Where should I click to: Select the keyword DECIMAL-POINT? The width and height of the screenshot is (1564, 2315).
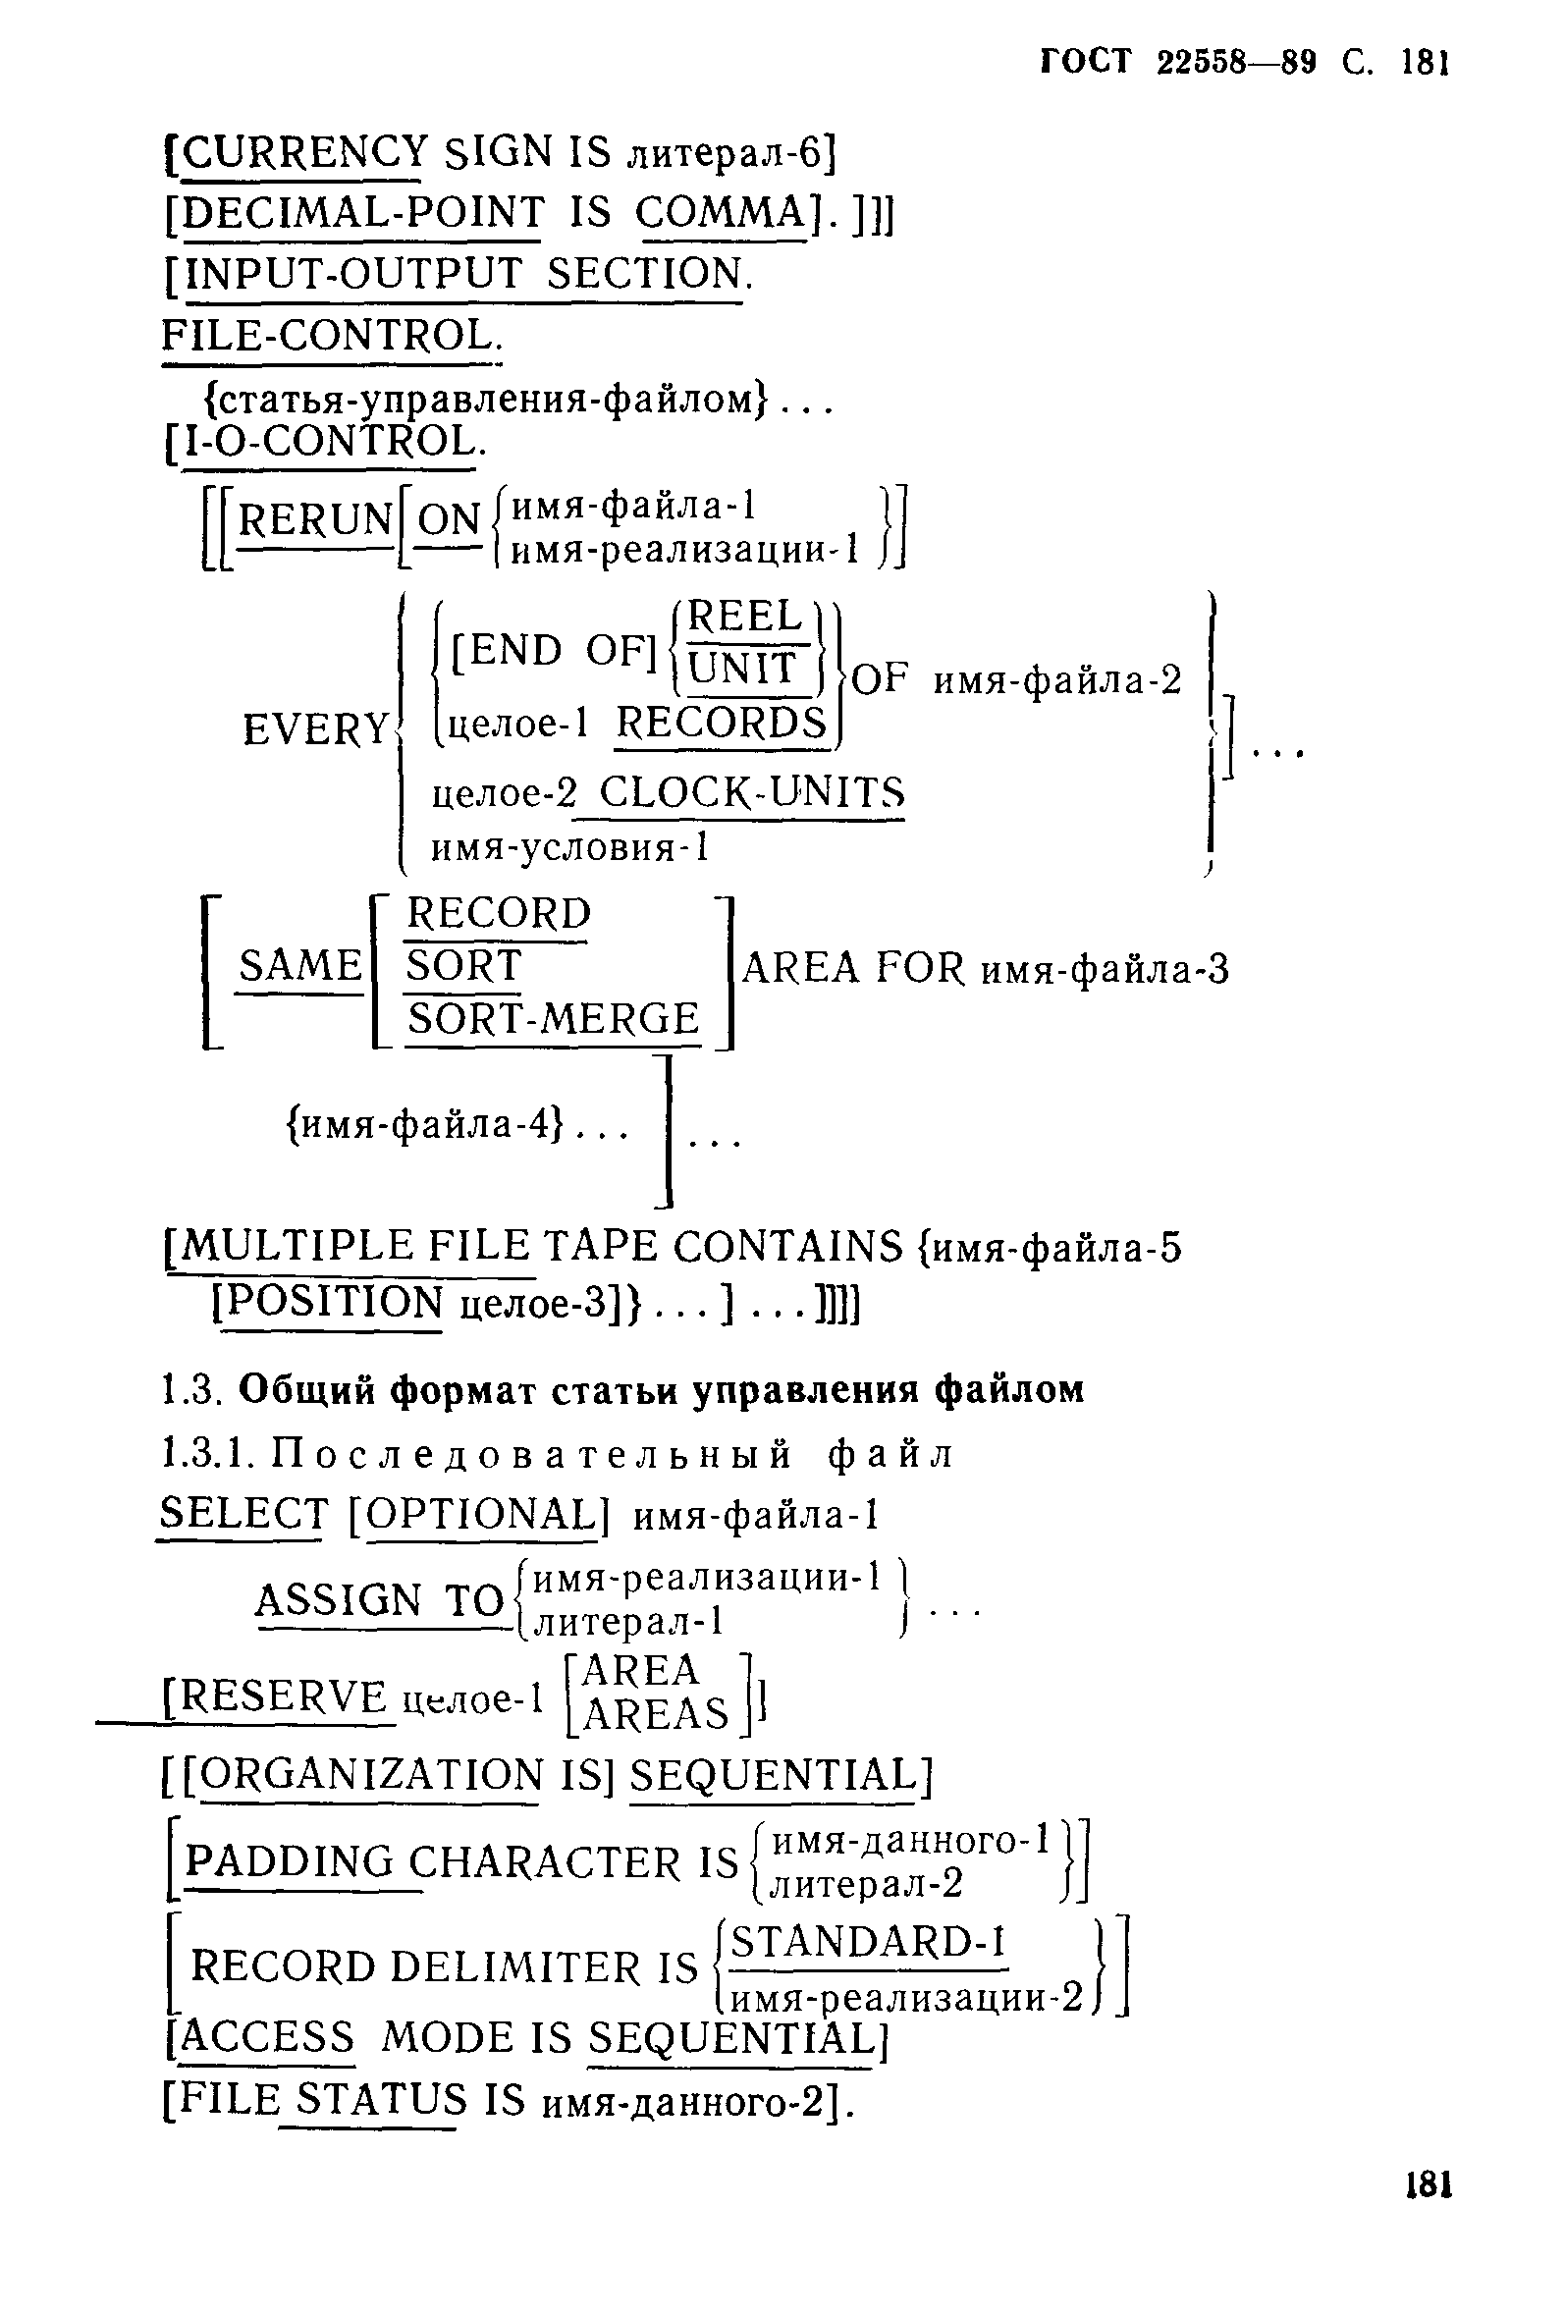click(363, 213)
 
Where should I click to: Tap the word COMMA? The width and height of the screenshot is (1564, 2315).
click(721, 213)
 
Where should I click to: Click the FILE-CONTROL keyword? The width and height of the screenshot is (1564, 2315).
click(330, 336)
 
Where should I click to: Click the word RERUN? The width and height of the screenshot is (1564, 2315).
click(315, 520)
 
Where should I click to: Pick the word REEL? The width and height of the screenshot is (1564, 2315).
click(744, 617)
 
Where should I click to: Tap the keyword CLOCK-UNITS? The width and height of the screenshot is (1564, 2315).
click(752, 793)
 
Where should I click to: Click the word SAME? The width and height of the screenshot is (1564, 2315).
click(299, 966)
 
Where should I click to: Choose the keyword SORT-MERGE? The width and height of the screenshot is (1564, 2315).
click(553, 1019)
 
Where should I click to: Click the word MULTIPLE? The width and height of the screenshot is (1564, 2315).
click(294, 1247)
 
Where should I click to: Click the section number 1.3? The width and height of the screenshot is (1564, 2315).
click(189, 1390)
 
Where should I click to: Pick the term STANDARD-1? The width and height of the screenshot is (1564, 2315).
click(868, 1942)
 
